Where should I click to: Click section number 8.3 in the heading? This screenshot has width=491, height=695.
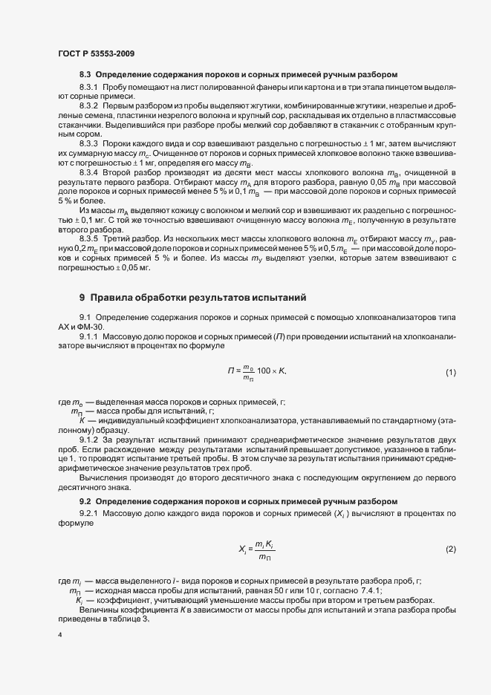pyautogui.click(x=85, y=75)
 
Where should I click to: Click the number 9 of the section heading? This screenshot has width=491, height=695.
pyautogui.click(x=82, y=298)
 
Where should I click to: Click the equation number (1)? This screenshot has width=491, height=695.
pyautogui.click(x=450, y=371)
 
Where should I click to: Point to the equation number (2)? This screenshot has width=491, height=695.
pyautogui.click(x=450, y=549)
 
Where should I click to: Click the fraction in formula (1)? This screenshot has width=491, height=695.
pyautogui.click(x=249, y=371)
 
